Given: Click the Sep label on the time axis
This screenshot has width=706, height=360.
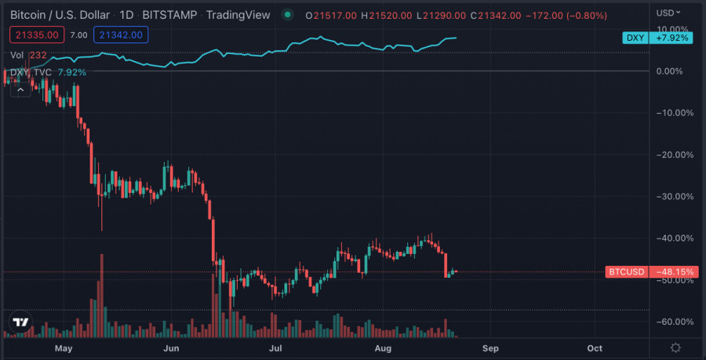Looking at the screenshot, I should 490,347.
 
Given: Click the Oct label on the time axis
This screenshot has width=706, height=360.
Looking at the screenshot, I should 595,347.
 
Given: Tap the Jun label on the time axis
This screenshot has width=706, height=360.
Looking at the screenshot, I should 172,347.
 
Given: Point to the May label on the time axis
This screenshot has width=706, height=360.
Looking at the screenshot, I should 64,347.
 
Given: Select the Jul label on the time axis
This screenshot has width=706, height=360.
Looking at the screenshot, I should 275,347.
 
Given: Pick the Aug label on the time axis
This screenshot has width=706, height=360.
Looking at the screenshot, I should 383,347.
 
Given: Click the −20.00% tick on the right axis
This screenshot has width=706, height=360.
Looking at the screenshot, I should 676,155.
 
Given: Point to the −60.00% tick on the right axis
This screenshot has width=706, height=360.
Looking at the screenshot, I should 676,322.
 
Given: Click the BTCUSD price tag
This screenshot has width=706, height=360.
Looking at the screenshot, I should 627,272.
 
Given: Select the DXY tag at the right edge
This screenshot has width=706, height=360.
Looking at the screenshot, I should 634,38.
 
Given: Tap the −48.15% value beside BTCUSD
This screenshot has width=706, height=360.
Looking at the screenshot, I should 675,272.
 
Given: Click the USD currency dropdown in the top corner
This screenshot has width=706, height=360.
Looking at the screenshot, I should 667,13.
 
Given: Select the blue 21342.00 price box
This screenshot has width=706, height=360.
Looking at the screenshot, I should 118,35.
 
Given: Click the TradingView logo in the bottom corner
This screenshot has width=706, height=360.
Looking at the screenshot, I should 21,322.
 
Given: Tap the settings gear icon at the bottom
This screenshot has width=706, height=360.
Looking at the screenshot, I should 676,347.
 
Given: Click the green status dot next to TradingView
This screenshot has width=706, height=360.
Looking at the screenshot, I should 289,15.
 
